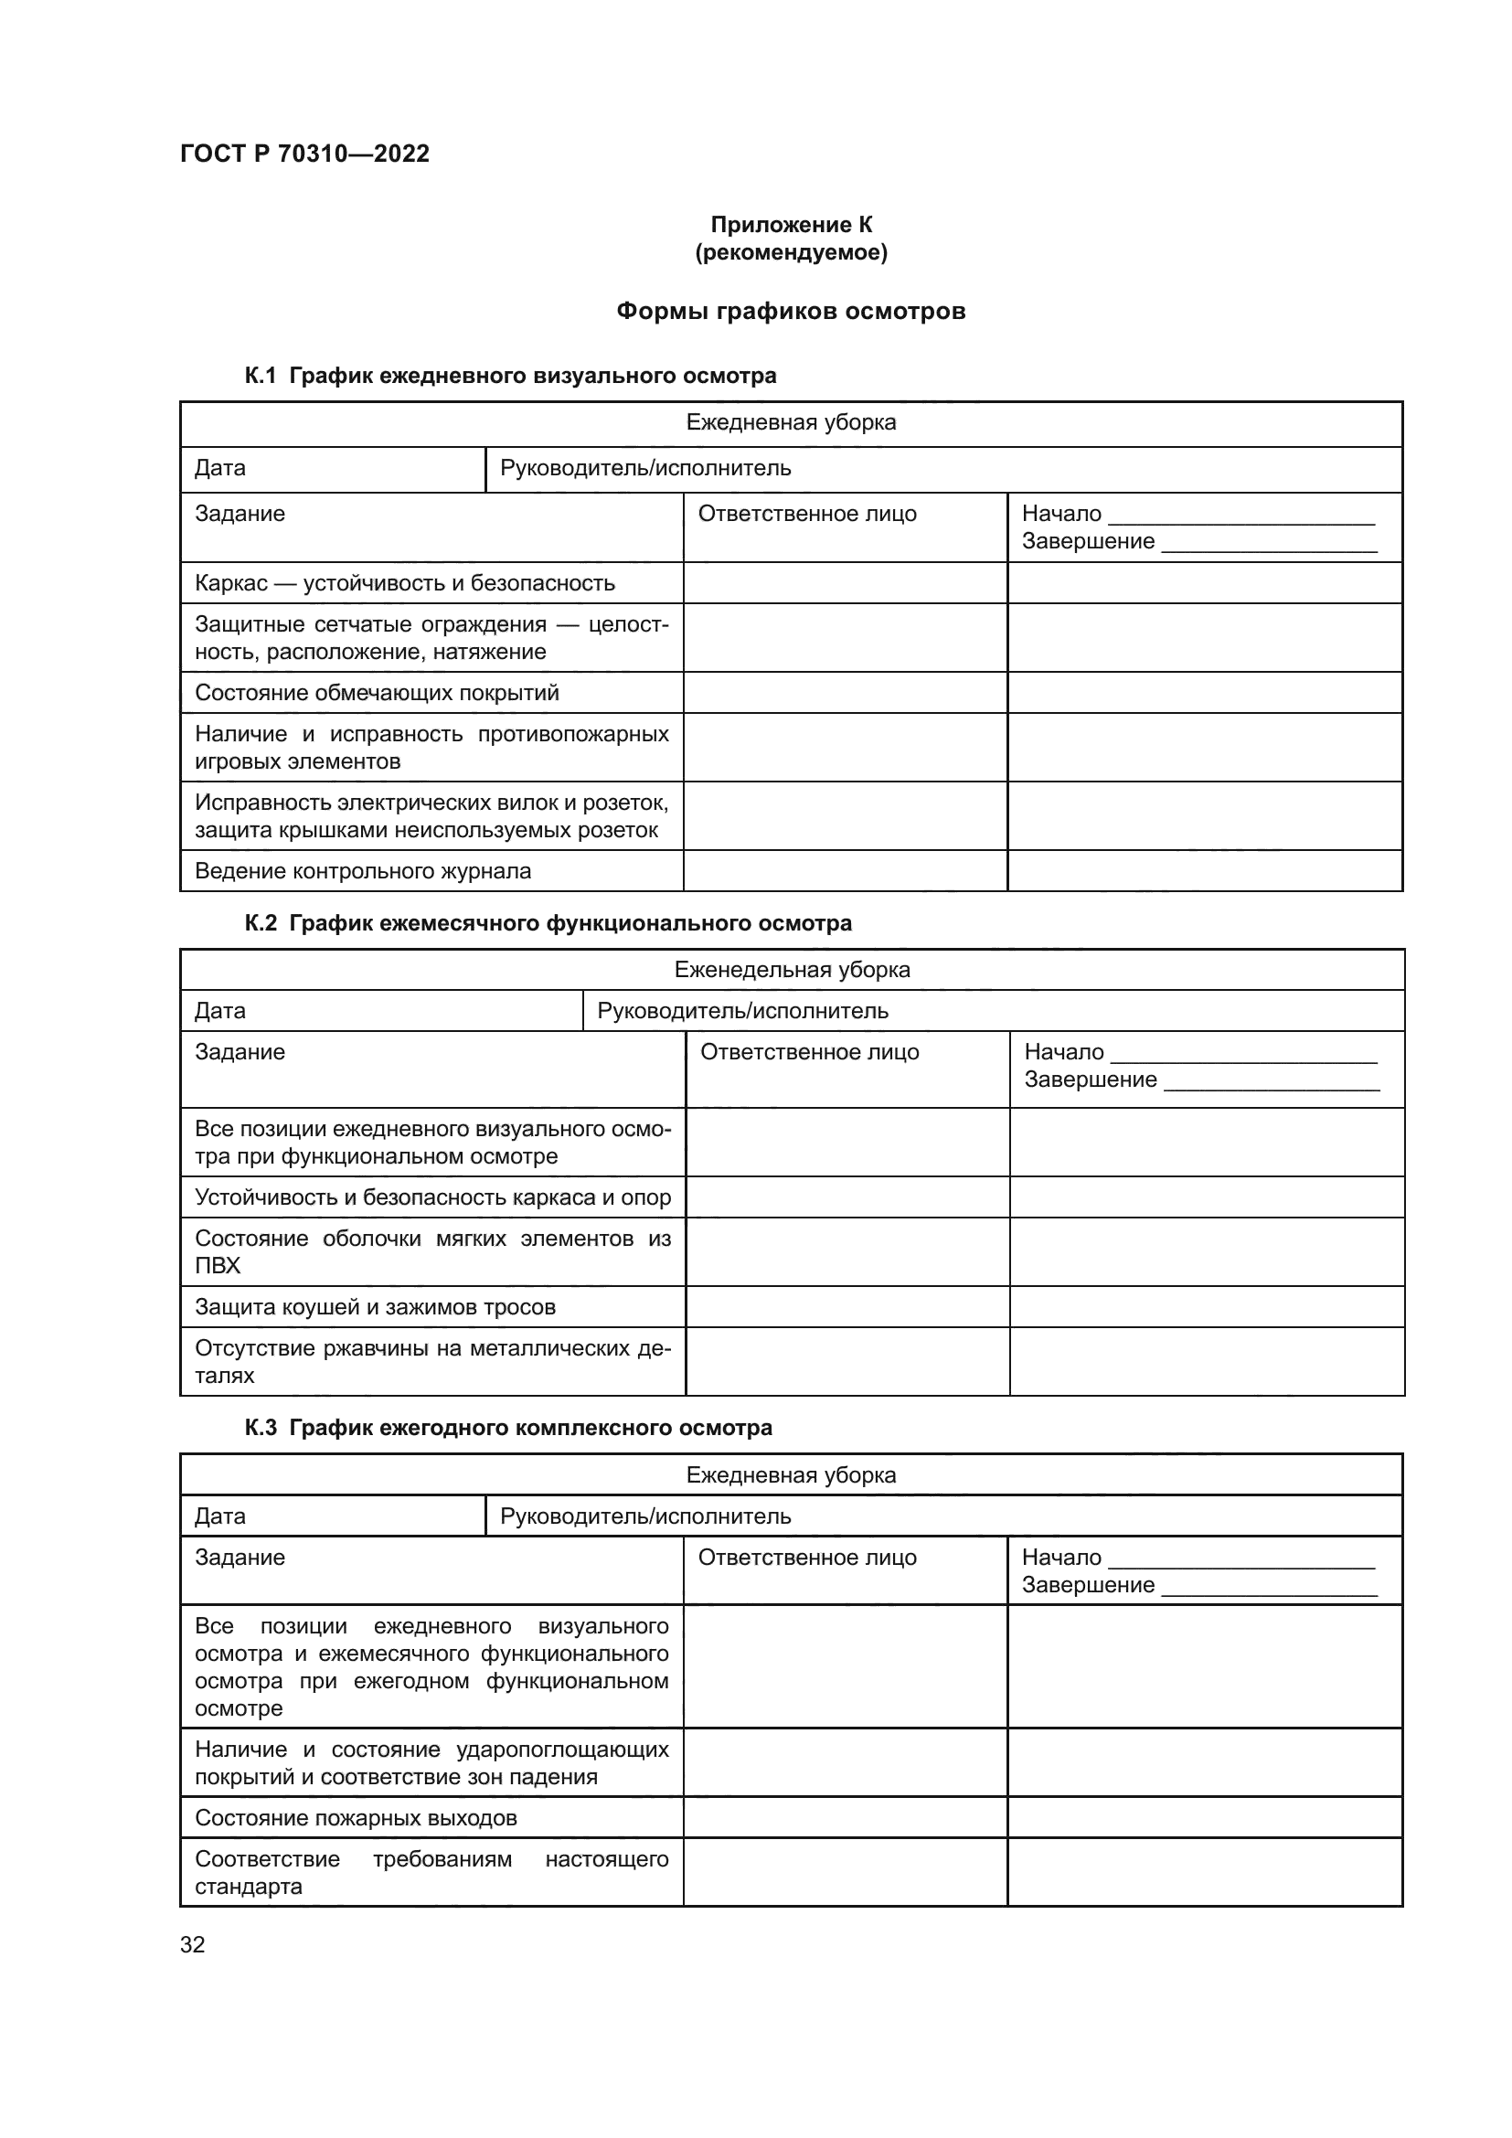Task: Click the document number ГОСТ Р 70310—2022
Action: [x=304, y=154]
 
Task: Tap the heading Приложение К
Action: [x=791, y=225]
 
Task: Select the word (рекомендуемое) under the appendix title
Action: [x=791, y=252]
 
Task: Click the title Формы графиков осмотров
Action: [x=791, y=311]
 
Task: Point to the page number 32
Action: [x=193, y=1944]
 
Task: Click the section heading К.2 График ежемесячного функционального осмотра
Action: [x=548, y=923]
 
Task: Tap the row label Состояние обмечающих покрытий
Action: [x=376, y=693]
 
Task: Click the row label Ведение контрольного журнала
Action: [x=362, y=871]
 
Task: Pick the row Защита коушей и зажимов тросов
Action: [x=374, y=1306]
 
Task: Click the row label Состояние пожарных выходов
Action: [x=355, y=1818]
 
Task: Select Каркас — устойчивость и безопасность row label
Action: [x=404, y=583]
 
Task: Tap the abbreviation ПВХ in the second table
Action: [x=217, y=1266]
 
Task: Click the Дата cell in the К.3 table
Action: [x=219, y=1516]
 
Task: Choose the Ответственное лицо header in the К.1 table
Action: [x=806, y=514]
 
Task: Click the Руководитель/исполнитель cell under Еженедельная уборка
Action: [x=742, y=1010]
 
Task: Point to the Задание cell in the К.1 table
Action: [x=240, y=514]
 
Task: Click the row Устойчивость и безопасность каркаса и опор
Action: [x=432, y=1197]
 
